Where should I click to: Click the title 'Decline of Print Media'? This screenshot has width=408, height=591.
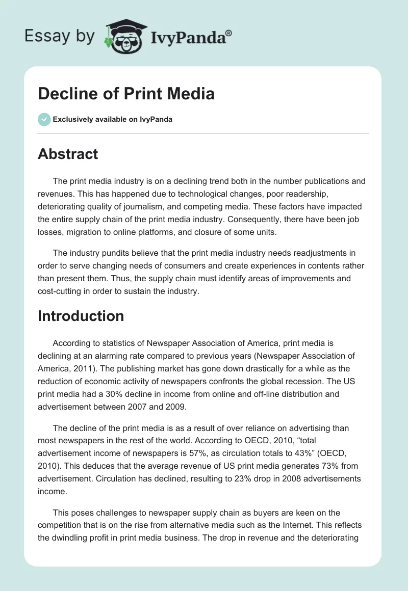(x=126, y=94)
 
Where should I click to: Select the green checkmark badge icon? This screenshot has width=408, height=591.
(x=44, y=119)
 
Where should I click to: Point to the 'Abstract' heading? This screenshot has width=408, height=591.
(x=68, y=154)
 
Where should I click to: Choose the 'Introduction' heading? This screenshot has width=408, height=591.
(x=81, y=316)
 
